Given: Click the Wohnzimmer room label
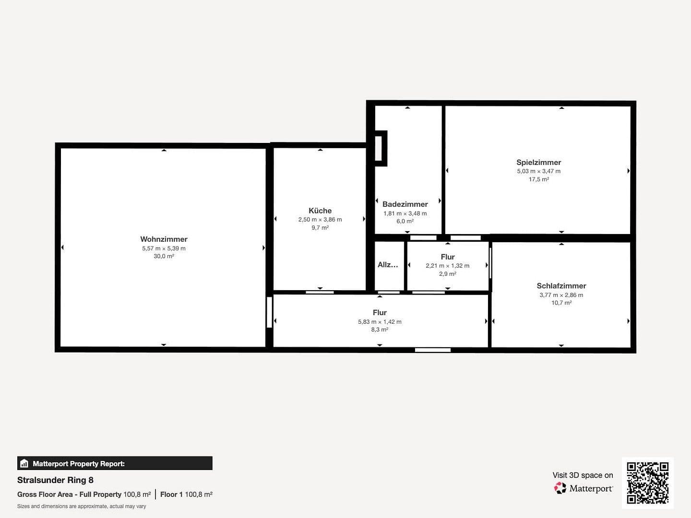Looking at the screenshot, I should (164, 239).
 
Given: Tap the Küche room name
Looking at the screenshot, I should (320, 211).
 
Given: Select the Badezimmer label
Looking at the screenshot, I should (405, 204).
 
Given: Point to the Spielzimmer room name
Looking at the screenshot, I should (538, 163).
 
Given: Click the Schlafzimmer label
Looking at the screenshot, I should (561, 286).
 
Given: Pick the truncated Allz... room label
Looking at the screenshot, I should (388, 265).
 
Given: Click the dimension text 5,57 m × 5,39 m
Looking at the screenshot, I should (164, 248).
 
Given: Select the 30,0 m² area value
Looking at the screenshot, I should (164, 257).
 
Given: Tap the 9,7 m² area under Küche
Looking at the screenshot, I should (320, 228).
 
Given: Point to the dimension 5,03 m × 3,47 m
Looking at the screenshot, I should (538, 171).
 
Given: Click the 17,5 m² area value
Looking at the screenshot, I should (538, 179).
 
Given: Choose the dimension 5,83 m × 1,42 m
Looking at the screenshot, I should (380, 322).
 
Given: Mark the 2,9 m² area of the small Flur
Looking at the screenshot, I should (447, 274).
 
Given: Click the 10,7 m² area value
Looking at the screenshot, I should (561, 303).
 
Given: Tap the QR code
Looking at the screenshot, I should (647, 483).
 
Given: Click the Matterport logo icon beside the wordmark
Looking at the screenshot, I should (560, 488).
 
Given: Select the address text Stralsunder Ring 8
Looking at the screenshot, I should (55, 480).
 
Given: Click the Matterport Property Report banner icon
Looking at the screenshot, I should (24, 464).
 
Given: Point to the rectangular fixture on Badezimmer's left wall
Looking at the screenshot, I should (379, 148).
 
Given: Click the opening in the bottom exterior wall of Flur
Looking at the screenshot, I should (432, 350).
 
